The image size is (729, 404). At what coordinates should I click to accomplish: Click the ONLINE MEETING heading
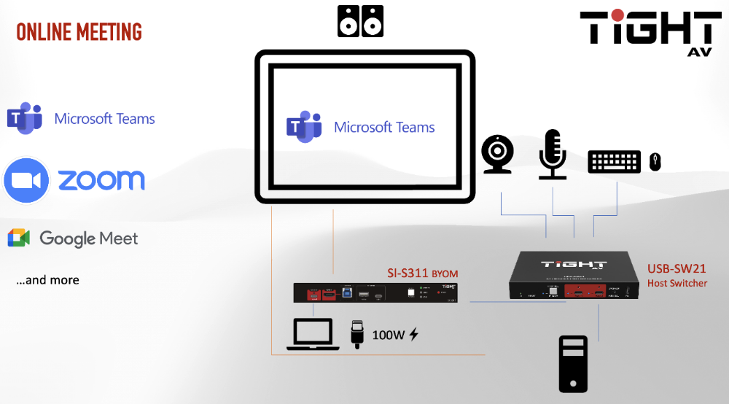point(79,32)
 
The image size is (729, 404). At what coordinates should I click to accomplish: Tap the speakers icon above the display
point(360,21)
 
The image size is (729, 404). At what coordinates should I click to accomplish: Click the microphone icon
point(552,154)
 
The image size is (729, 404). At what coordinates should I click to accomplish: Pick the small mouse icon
point(655,162)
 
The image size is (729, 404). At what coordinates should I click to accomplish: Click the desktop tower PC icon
point(572,364)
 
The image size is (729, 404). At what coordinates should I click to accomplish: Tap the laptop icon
point(313,335)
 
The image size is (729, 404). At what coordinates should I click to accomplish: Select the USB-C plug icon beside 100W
point(356,333)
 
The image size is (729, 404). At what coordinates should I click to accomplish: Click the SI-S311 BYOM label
point(422,274)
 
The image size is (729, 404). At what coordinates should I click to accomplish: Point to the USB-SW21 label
point(677,269)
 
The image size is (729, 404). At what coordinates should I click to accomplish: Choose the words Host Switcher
point(677,283)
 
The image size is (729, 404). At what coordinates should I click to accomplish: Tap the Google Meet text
point(88,238)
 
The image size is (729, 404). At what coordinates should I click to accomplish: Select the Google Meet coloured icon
point(18,238)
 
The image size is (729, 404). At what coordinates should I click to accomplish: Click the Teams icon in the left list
point(24,118)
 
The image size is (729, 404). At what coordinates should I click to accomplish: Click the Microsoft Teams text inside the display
point(384,127)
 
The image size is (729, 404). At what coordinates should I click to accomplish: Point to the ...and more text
point(47,280)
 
